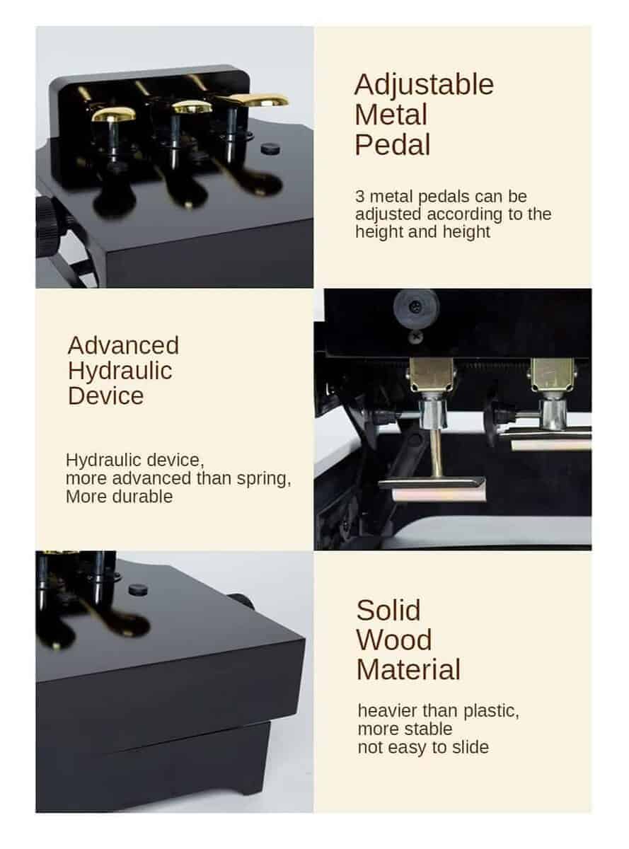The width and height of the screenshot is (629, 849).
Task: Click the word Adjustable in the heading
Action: tap(424, 85)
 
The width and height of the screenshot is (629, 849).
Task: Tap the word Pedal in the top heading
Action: tap(393, 145)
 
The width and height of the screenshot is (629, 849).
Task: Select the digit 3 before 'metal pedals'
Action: tap(359, 197)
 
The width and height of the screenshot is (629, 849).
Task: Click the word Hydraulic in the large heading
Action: tap(120, 371)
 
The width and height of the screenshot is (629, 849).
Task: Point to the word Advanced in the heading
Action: tap(123, 345)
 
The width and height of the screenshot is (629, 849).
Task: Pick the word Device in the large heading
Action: tap(106, 395)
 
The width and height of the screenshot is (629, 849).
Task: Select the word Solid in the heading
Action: tap(388, 611)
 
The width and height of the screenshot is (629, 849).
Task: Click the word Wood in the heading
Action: tap(394, 640)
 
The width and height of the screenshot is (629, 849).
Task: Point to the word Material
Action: tap(408, 670)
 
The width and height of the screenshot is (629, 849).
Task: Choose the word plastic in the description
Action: tap(491, 711)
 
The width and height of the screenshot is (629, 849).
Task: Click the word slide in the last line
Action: tap(471, 747)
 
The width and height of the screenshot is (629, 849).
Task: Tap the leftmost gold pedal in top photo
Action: tap(114, 114)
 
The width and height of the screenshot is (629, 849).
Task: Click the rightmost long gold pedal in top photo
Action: tap(253, 100)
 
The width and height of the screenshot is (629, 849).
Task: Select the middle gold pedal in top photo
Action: tap(192, 107)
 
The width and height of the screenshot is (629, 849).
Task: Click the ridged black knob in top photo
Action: tap(50, 226)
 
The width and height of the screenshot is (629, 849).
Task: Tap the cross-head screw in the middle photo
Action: tap(415, 337)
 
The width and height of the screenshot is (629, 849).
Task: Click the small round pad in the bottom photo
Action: tap(138, 590)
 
